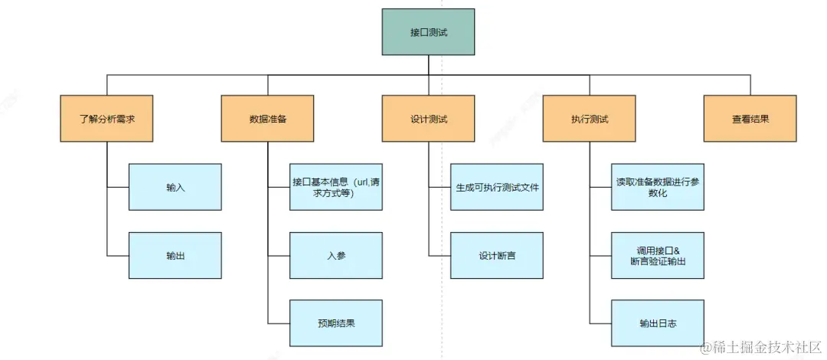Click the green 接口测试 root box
point(428,31)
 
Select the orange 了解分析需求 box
point(106,119)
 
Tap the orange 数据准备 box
point(267,119)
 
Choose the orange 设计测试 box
point(428,119)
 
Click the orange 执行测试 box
point(589,119)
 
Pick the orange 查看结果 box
point(750,119)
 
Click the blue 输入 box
point(175,187)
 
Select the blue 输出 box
point(175,255)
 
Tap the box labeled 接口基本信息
point(335,187)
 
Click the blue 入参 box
point(335,255)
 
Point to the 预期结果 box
point(335,322)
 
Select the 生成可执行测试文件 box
point(497,187)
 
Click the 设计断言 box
point(497,255)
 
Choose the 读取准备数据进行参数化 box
point(657,187)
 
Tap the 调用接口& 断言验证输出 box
point(657,255)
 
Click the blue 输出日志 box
point(657,322)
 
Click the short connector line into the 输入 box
point(118,187)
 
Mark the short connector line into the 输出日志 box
point(600,323)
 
